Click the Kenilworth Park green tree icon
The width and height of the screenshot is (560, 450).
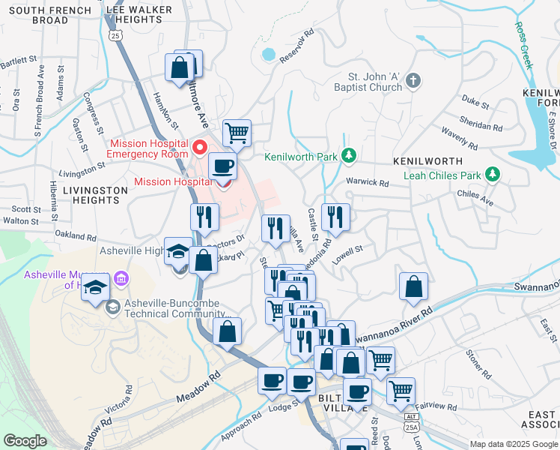347,156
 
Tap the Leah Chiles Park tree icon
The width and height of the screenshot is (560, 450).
492,175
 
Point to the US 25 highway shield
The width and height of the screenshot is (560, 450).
115,35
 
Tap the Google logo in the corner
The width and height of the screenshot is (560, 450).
25,441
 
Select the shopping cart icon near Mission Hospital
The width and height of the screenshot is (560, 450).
237,133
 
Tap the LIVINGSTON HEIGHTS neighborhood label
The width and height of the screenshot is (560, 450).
95,196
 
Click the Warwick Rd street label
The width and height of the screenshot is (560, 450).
367,182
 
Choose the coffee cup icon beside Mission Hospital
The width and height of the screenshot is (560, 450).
221,166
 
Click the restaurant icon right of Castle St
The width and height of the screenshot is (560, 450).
335,217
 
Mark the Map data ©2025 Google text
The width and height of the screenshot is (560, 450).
513,444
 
